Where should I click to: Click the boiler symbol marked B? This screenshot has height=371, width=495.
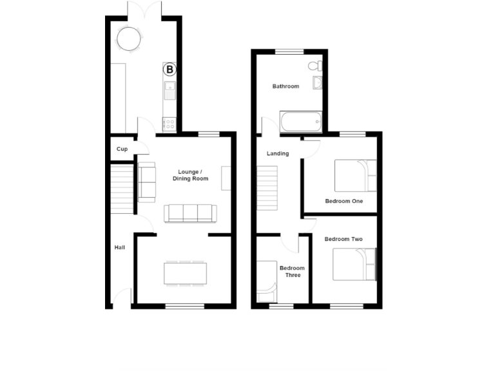click(170, 68)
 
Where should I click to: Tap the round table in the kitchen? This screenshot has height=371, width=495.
click(128, 39)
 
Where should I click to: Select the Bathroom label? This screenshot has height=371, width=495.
click(286, 86)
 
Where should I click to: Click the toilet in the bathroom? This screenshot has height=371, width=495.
click(315, 66)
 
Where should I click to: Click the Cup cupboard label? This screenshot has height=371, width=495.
click(122, 149)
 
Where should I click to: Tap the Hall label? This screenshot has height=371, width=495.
click(120, 247)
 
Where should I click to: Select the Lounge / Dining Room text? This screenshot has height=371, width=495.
click(190, 175)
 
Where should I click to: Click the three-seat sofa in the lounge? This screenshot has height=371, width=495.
click(190, 213)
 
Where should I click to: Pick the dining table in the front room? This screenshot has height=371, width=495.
click(186, 272)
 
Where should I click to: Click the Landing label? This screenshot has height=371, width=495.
click(278, 154)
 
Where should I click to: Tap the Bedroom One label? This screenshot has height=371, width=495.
click(344, 201)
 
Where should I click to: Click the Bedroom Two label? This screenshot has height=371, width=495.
click(343, 239)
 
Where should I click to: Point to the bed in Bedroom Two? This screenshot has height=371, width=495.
click(354, 265)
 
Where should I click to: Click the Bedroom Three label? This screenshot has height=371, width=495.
click(292, 271)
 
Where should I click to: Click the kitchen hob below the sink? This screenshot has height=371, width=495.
click(170, 122)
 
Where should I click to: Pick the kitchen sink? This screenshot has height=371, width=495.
click(170, 91)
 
